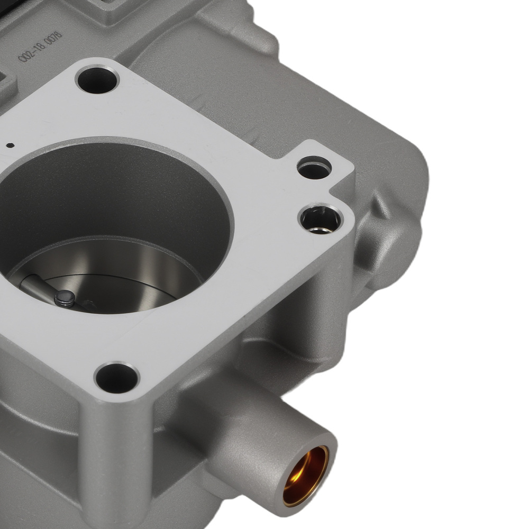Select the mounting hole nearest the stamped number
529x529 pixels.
97,80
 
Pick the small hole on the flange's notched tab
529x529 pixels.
314,169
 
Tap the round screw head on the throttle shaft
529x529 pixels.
65,298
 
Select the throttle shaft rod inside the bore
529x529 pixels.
37,288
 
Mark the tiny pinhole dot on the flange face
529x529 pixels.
9,144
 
